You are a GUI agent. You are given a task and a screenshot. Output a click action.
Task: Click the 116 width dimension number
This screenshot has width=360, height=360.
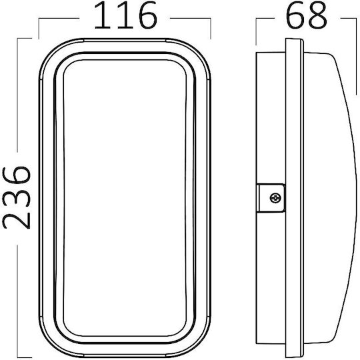click(125, 15)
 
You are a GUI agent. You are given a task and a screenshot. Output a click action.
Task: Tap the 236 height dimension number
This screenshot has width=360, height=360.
click(16, 197)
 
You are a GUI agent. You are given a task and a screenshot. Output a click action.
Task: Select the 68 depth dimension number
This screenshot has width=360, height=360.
click(306, 15)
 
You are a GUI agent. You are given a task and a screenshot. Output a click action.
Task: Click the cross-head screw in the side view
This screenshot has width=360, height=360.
click(275, 198)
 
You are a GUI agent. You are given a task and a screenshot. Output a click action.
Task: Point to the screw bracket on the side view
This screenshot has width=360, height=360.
click(271, 198)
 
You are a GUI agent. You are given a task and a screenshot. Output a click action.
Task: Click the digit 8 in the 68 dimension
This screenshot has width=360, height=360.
click(317, 15)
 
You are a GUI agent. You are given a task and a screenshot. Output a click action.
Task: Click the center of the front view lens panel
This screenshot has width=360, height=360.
click(125, 198)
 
